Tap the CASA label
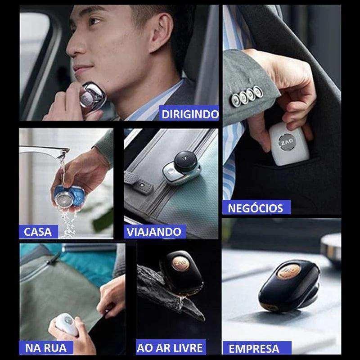click(38, 232)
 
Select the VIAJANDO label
click(154, 231)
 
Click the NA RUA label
click(46, 347)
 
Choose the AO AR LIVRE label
click(171, 347)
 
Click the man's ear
click(161, 32)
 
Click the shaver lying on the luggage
click(181, 167)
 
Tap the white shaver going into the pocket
click(289, 144)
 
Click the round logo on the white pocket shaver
click(287, 142)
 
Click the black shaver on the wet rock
click(182, 272)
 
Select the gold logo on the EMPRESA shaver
click(288, 271)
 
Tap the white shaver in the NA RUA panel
click(67, 324)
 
